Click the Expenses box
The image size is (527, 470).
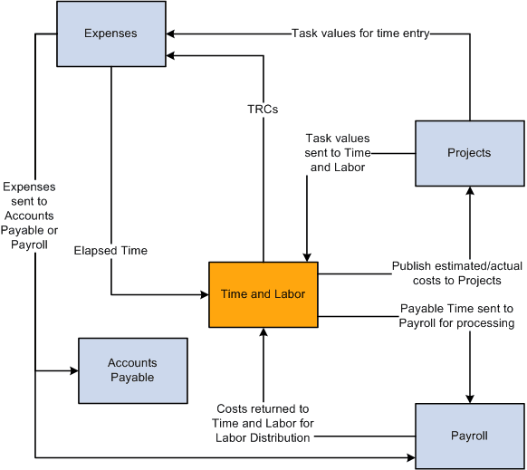(110, 34)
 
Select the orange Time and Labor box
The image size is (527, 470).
(263, 294)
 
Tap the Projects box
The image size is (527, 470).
(469, 152)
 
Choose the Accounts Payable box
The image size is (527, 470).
(132, 370)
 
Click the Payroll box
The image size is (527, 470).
(469, 436)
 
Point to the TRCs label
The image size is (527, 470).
(263, 110)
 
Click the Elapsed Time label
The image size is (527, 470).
(110, 250)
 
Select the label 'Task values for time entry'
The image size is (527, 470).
(359, 34)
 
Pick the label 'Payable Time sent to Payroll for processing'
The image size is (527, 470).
(456, 315)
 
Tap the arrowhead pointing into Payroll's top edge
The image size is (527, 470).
(470, 398)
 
